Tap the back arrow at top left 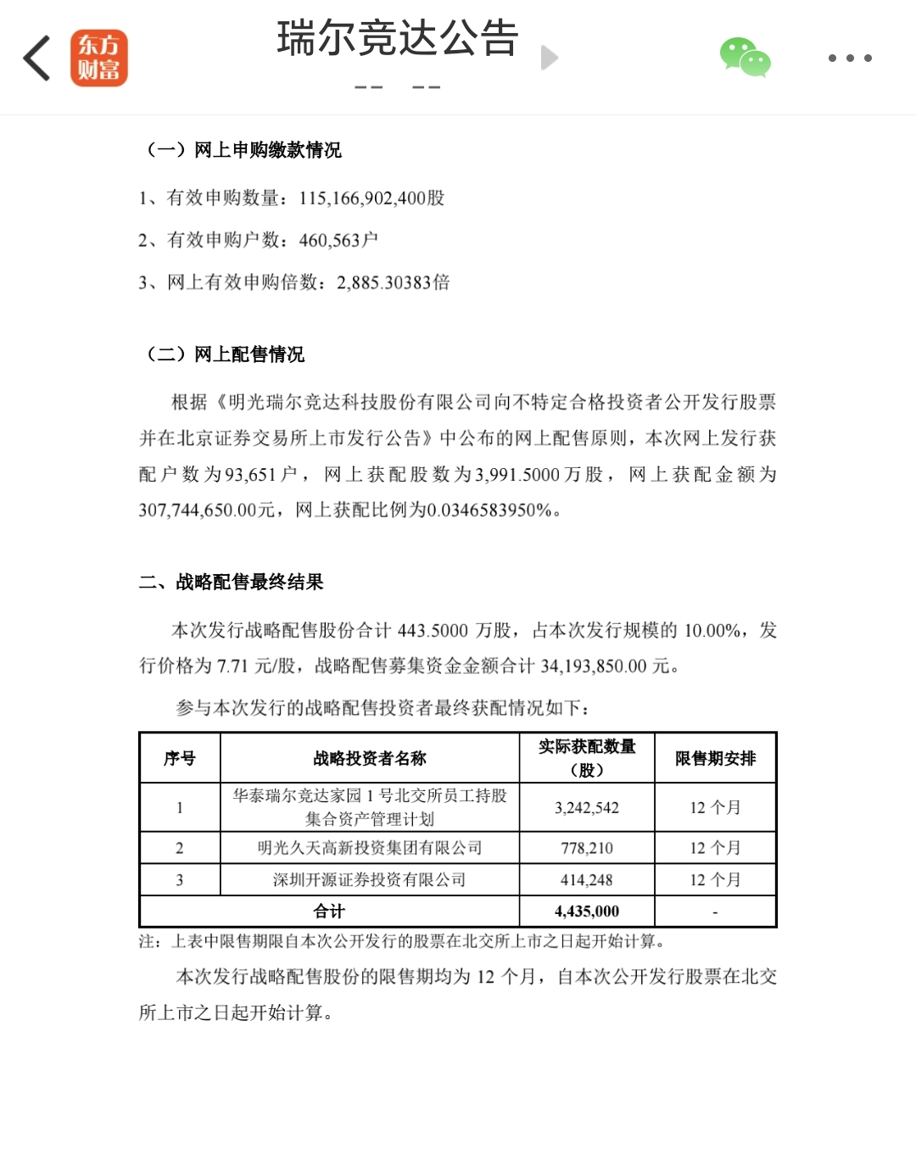click(37, 59)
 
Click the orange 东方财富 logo click(99, 59)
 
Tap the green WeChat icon click(745, 58)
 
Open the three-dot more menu click(850, 59)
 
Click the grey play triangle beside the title click(550, 58)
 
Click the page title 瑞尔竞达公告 click(397, 39)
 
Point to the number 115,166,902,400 click(362, 198)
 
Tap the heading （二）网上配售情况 click(226, 354)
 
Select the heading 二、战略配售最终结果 click(232, 583)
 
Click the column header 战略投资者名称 click(370, 759)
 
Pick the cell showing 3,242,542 click(587, 808)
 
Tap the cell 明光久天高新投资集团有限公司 click(370, 848)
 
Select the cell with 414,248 click(587, 880)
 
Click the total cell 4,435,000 click(587, 912)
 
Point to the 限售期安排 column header click(715, 759)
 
